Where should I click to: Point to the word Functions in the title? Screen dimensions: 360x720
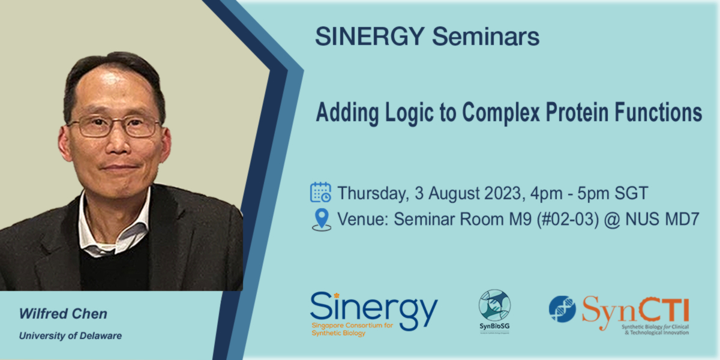point(660,112)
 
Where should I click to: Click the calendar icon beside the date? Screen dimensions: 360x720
point(320,193)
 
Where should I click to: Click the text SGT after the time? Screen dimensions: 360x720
point(630,194)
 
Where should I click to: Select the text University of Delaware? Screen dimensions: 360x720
point(70,336)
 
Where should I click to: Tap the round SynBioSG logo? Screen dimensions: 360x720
point(494,305)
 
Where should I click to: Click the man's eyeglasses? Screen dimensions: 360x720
point(114,127)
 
